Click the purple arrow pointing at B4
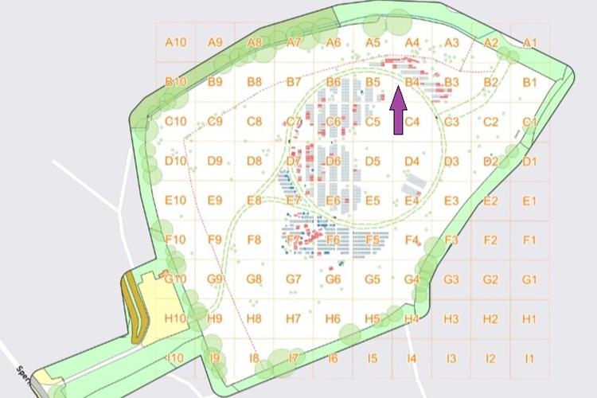(x=399, y=111)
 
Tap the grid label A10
(x=175, y=42)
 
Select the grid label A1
(x=530, y=42)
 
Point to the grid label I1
(x=530, y=358)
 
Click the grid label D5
(x=373, y=161)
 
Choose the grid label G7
(x=294, y=279)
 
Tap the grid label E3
(x=451, y=201)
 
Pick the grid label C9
(x=215, y=122)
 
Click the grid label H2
(x=490, y=318)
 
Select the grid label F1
(x=530, y=240)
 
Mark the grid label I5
(x=373, y=358)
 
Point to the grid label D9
(x=215, y=161)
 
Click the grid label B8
(x=254, y=82)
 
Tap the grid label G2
(x=490, y=279)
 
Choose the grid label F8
(x=254, y=240)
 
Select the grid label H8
(x=254, y=318)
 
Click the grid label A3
(x=451, y=42)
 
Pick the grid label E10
(x=175, y=201)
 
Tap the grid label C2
(x=490, y=122)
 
